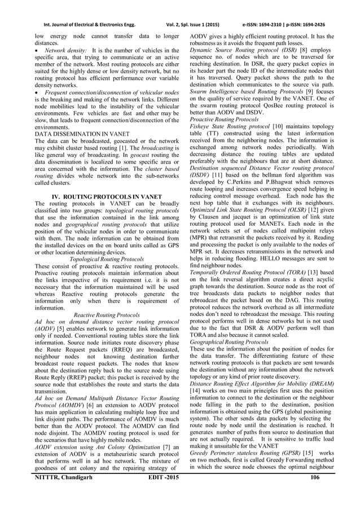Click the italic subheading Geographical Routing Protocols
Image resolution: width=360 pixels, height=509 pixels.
229,342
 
